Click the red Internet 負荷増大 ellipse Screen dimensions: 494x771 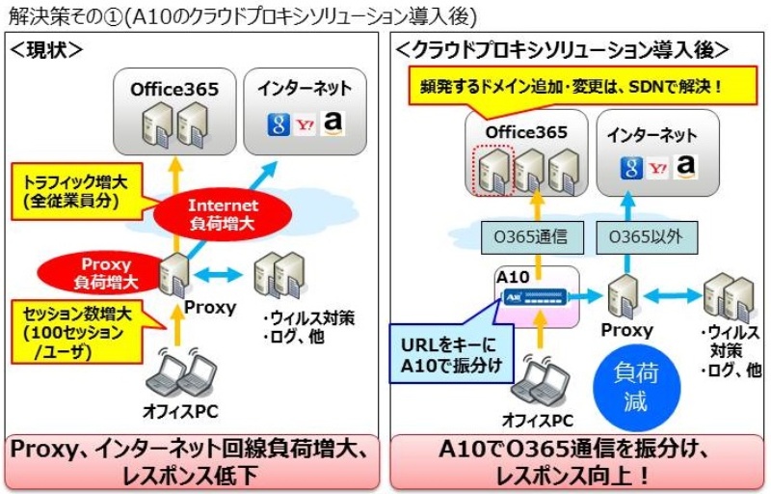point(224,213)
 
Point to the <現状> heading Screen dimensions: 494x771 point(46,49)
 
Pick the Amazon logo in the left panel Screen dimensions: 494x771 point(333,123)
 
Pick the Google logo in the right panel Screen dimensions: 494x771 point(632,169)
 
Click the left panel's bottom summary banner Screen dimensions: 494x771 point(193,461)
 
